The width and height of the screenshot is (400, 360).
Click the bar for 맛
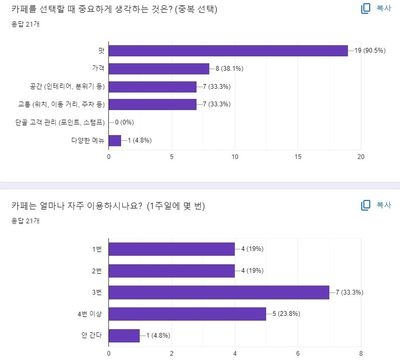pos(228,51)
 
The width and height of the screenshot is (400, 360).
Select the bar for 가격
pos(159,69)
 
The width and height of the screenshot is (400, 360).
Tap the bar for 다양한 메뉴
pos(115,140)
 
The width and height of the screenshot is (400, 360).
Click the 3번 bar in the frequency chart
pos(219,292)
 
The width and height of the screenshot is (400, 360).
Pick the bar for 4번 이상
pos(187,314)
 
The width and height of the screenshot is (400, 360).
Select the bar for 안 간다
pos(124,336)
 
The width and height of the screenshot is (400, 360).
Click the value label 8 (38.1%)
pos(229,69)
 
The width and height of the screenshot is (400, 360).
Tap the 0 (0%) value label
pos(126,122)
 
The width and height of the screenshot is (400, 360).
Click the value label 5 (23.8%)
pos(286,314)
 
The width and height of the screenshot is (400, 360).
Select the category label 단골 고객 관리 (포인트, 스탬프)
pos(59,122)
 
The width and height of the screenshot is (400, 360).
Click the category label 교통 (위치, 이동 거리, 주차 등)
pos(61,104)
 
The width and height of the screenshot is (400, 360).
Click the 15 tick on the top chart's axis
pos(298,157)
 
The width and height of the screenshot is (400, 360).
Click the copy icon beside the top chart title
pos(365,9)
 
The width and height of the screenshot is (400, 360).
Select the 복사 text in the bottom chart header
pos(384,205)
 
